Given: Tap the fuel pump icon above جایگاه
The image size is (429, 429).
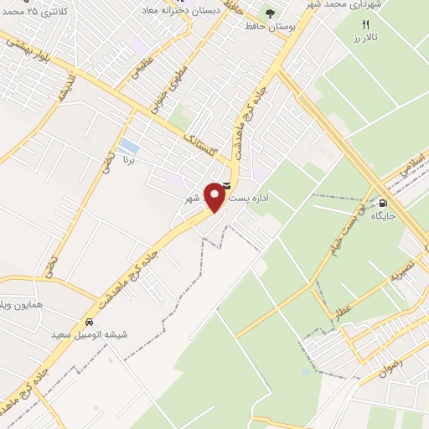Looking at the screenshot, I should pos(384,202).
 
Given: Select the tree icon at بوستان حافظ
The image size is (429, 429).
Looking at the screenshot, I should pos(270,13).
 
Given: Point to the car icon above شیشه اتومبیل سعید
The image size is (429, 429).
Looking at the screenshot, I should pos(89,323).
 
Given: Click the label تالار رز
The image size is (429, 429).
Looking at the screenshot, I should pos(365,39).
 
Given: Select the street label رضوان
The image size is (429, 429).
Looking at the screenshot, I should pos(391,366).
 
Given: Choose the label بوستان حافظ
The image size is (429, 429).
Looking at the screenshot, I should pos(271,28).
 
